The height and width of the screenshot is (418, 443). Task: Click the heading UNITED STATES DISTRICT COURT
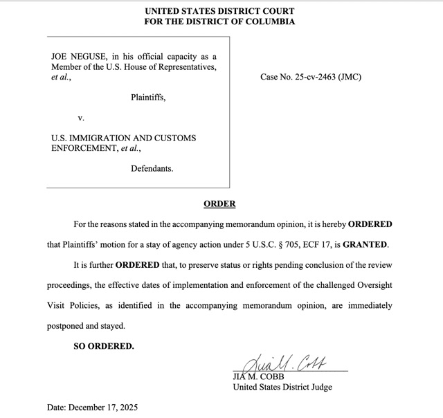pos(219,11)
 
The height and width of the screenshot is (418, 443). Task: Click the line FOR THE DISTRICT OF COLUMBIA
pos(219,21)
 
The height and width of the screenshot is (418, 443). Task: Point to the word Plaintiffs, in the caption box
pos(148,98)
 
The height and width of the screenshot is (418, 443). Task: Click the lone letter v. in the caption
pos(82,118)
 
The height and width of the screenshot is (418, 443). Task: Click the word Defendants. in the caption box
pos(152,168)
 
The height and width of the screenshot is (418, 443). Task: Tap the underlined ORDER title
pos(219,204)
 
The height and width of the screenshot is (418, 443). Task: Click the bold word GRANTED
pos(365,245)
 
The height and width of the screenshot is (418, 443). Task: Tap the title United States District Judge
pos(282,387)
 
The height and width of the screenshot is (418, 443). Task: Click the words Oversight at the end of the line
pos(372,285)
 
